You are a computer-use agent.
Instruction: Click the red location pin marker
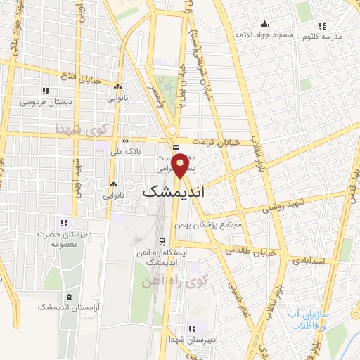point(181,166)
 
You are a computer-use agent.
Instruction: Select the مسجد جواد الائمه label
point(264,34)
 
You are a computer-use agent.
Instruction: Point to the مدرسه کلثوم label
point(322,36)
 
